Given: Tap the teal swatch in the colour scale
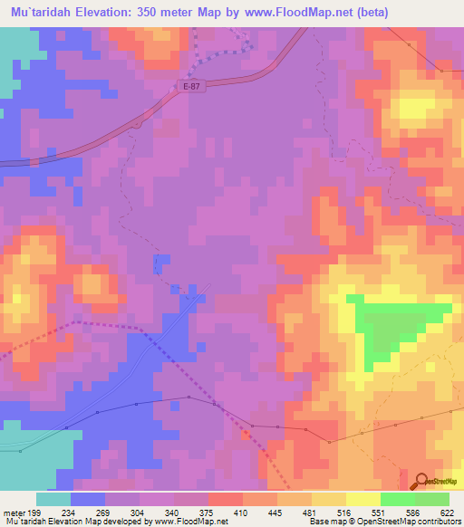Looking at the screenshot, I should pos(53,499).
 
